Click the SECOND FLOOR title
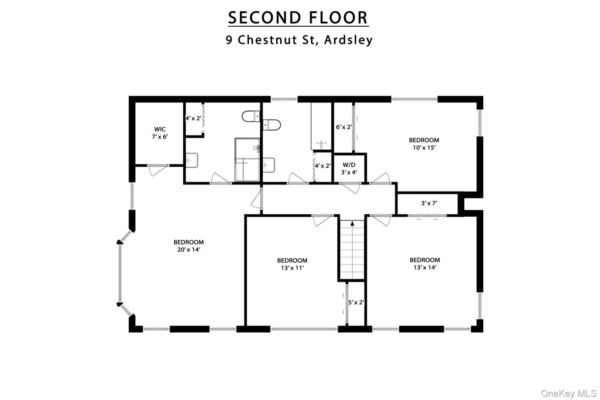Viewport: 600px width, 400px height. pos(298,18)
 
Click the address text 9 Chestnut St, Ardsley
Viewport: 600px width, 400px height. pos(299,40)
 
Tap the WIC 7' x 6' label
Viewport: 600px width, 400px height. pos(160,133)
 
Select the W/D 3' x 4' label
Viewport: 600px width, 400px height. pos(349,168)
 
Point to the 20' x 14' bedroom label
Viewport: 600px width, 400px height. pos(189,246)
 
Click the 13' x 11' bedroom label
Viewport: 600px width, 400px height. pos(292,264)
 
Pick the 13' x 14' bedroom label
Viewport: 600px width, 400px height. pos(424,264)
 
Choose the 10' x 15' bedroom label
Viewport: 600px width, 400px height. pos(424,144)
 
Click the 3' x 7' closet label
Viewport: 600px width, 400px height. pos(429,203)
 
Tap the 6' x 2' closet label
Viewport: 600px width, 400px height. pos(344,127)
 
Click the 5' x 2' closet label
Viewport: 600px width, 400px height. pos(356,302)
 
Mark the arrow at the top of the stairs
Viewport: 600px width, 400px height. pos(352,223)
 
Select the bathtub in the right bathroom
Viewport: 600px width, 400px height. pos(321,126)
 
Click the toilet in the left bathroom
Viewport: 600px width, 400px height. pos(251,117)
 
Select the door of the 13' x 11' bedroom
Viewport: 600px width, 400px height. pos(322,220)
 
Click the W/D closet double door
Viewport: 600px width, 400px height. pos(350,188)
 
